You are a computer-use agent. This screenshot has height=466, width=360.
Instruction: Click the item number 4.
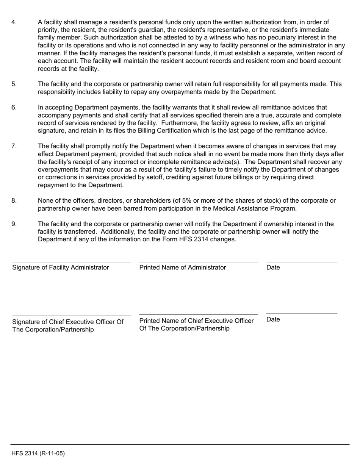click(x=14, y=22)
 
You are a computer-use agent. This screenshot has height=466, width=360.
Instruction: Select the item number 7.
click(x=14, y=146)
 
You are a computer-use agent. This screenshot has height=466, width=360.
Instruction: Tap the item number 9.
click(x=14, y=224)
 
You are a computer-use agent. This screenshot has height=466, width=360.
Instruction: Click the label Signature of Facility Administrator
click(x=61, y=267)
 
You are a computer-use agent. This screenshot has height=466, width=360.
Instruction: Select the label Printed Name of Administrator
click(x=183, y=267)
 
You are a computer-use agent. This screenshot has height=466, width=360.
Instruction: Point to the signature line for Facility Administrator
click(x=71, y=262)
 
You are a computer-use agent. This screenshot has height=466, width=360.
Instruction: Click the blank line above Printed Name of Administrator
click(x=198, y=262)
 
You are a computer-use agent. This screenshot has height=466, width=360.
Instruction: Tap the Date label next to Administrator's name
click(x=273, y=267)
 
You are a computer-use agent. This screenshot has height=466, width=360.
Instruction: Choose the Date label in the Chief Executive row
click(x=273, y=319)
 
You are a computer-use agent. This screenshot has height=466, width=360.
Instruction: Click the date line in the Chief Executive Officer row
click(x=302, y=314)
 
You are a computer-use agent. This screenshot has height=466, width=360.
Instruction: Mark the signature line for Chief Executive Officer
click(x=71, y=315)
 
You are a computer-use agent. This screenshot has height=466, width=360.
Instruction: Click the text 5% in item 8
click(x=173, y=201)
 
